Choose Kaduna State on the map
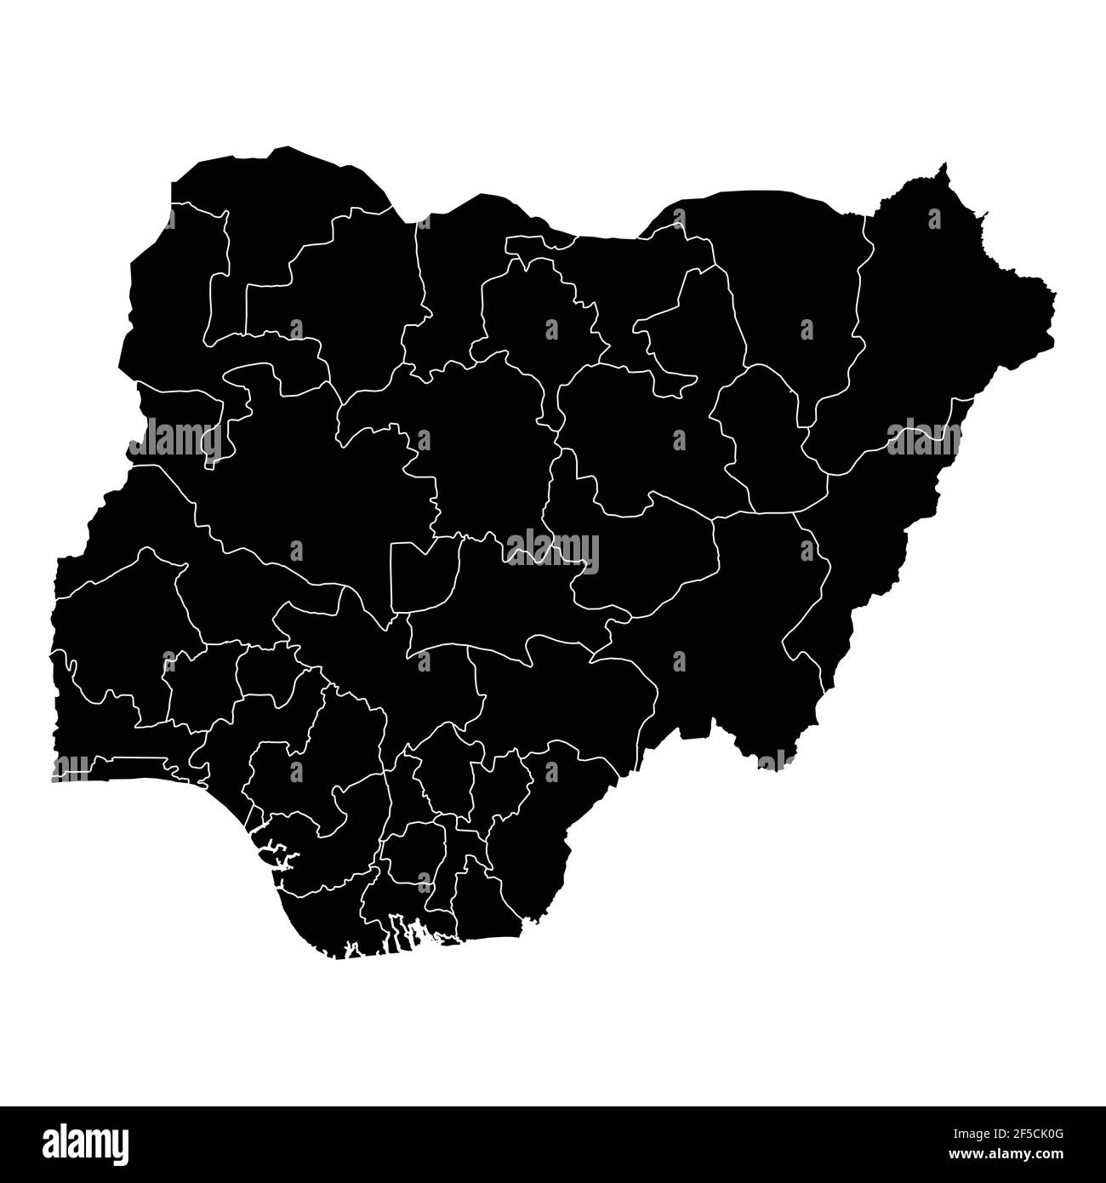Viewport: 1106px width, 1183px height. [476, 443]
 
